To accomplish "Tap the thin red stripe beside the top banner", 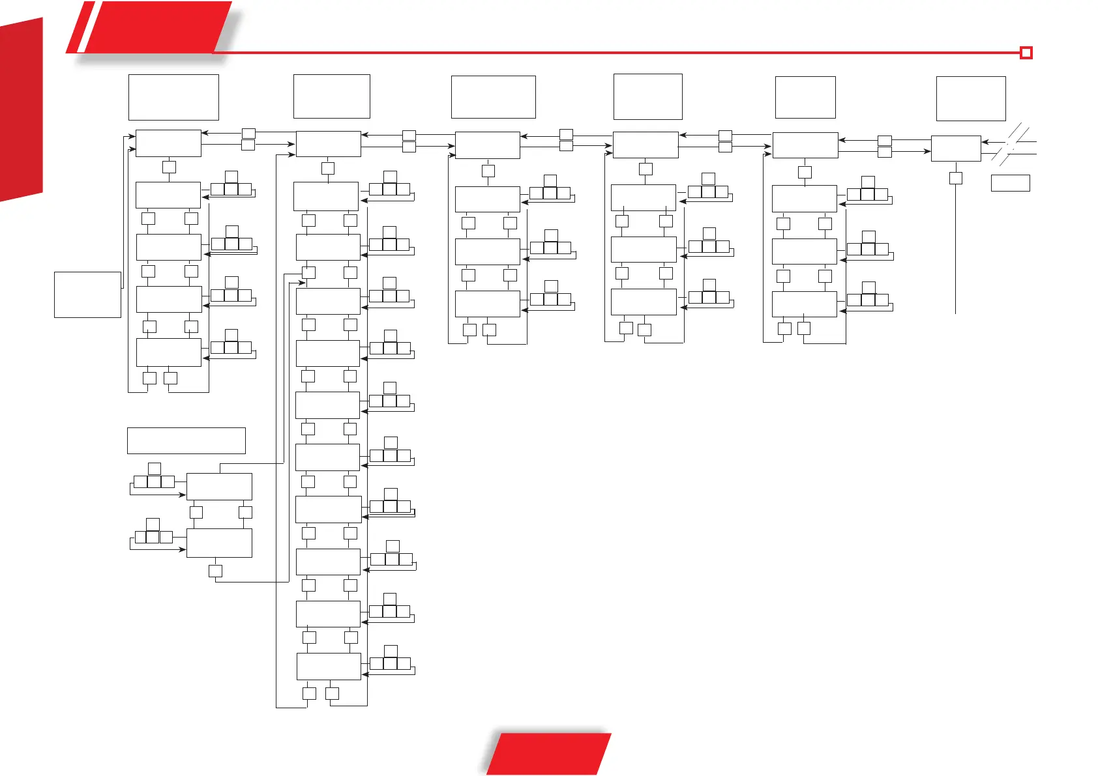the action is pos(80,27).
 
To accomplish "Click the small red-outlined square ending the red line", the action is pos(1026,53).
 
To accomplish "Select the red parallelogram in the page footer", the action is pos(549,754).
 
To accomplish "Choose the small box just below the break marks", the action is pos(1010,182).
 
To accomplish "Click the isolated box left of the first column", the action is pos(87,295).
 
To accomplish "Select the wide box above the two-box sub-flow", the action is pos(186,440).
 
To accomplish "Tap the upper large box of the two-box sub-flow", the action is pos(219,487).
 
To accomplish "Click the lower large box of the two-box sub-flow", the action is pos(219,543).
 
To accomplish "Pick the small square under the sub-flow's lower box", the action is pos(215,571).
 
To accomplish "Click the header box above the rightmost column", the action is pos(970,98).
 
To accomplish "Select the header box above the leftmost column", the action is pos(173,97).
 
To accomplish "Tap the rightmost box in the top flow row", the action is pos(955,149).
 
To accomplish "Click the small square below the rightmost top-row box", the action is pos(955,178).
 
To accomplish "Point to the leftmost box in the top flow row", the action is pos(168,143).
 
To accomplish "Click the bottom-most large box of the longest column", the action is pos(329,667).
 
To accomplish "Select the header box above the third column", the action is pos(493,97).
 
